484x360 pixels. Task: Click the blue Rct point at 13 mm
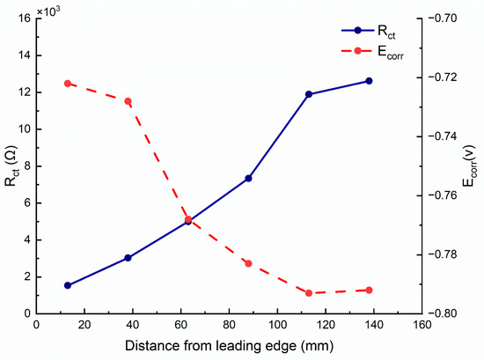click(68, 285)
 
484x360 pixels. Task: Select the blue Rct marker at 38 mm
click(128, 258)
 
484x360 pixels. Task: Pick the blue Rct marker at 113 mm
click(309, 94)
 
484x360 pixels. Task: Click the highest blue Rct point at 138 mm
click(369, 81)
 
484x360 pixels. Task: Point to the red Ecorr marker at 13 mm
click(68, 84)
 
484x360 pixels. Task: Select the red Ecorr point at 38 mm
click(128, 101)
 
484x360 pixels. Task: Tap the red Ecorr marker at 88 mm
click(249, 263)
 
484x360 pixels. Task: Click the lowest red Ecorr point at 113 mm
click(309, 293)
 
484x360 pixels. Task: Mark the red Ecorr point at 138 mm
click(369, 290)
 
